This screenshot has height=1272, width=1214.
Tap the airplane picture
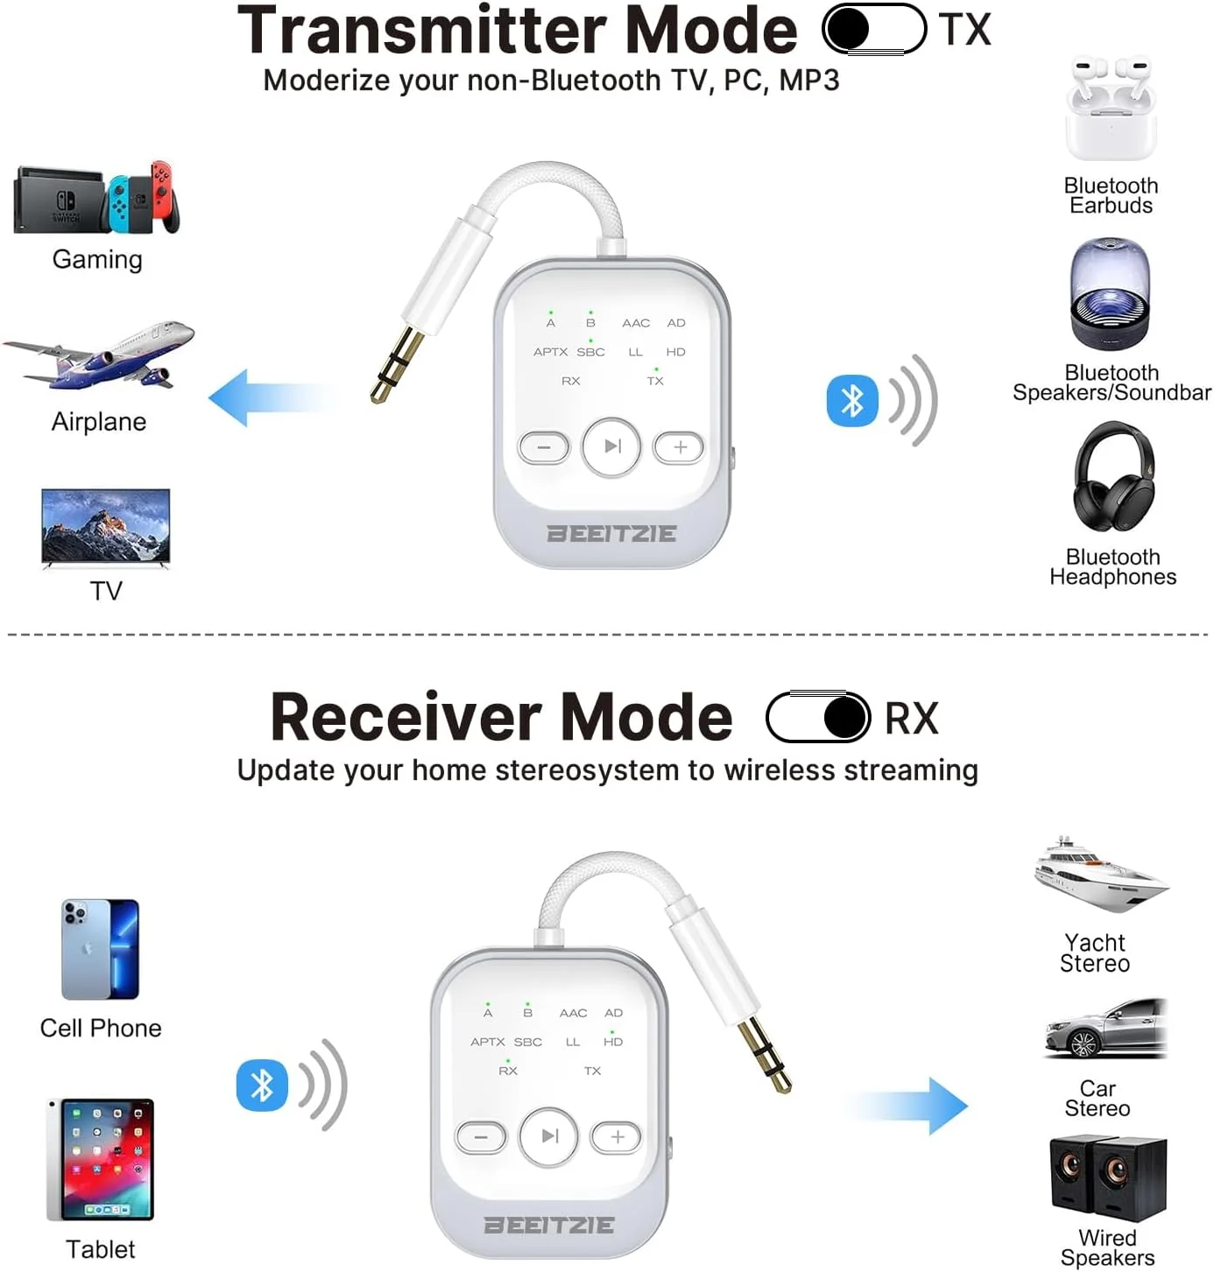pos(99,355)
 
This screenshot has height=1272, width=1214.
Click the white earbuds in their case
pos(1111,108)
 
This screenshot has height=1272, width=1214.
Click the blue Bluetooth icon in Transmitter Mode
pos(852,400)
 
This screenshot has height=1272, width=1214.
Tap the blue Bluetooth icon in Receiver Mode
pos(262,1085)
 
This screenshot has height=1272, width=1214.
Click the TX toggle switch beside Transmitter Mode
pos(874,29)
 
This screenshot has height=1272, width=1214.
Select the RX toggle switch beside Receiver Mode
pos(818,717)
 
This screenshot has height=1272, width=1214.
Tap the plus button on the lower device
pos(617,1137)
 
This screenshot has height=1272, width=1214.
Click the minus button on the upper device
pos(544,447)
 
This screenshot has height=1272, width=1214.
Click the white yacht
pos(1101,874)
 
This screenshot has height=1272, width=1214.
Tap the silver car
pos(1106,1028)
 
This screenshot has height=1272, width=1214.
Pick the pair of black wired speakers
pos(1108,1179)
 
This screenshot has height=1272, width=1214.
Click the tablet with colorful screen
pos(101,1159)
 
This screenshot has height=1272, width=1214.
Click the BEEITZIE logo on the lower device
pos(549,1224)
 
